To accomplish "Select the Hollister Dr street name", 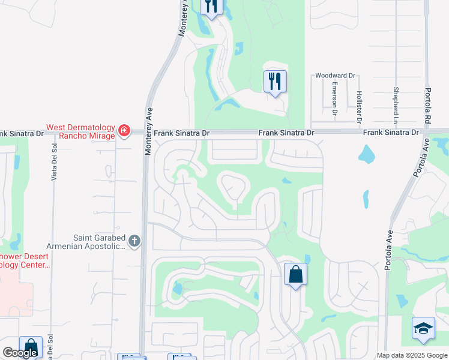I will pyautogui.click(x=359, y=107).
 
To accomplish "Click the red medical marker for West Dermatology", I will pyautogui.click(x=124, y=130).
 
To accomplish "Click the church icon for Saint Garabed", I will pyautogui.click(x=134, y=241).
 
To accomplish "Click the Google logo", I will pyautogui.click(x=20, y=353).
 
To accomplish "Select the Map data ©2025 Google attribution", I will pyautogui.click(x=411, y=355).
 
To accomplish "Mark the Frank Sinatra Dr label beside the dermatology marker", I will pyautogui.click(x=182, y=133).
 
